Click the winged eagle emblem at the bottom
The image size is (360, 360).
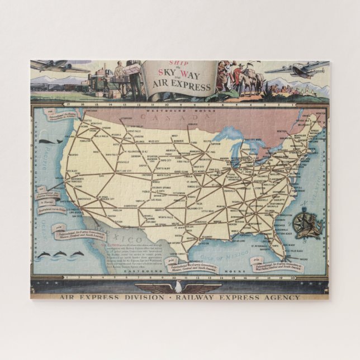point(179,287)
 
